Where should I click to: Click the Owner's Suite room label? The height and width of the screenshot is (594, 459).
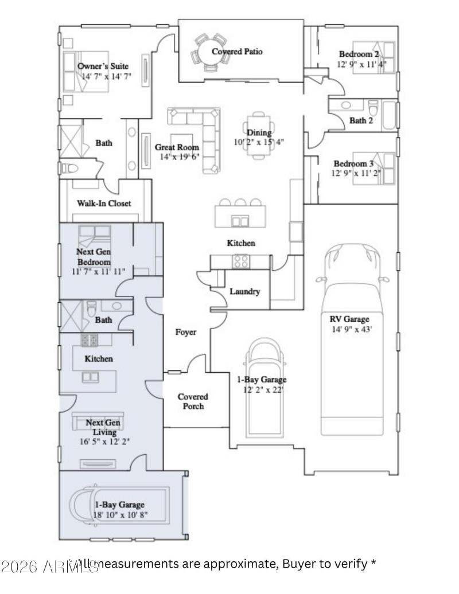103,66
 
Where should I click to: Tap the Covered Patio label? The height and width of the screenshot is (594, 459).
237,52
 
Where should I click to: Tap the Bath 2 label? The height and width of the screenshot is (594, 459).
361,120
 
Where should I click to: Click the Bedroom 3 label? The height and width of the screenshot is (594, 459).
354,163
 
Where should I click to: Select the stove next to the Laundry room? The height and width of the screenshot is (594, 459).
240,261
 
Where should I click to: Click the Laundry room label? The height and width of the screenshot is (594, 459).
244,291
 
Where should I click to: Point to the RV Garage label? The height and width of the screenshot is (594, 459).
349,319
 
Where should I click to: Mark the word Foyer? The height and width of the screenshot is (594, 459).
186,332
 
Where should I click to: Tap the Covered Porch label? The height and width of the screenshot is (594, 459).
192,401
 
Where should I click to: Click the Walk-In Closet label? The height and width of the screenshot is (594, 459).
104,203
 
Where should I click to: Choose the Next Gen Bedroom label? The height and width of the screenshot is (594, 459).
93,257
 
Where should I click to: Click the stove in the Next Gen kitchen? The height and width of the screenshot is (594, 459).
90,341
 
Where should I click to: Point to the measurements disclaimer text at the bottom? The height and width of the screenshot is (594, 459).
224,564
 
